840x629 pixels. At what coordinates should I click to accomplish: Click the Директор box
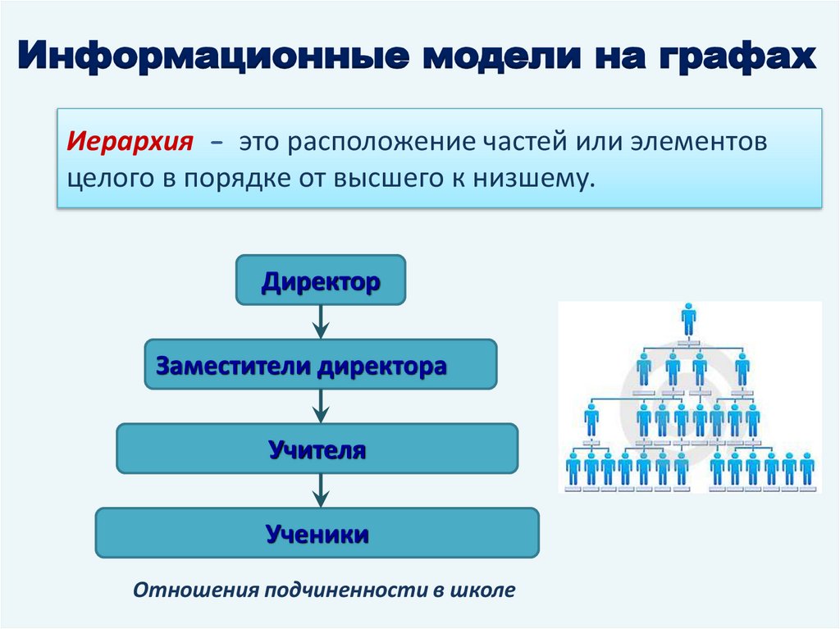(x=321, y=280)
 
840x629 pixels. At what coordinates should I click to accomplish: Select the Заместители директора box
(x=321, y=364)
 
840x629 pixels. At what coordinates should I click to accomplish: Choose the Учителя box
(x=317, y=449)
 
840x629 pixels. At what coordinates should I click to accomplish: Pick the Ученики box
(x=317, y=533)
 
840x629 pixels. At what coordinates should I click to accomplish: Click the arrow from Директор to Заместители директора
(x=321, y=322)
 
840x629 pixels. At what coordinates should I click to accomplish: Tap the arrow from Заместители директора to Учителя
(x=321, y=406)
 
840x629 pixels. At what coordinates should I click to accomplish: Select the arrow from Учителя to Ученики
(x=321, y=490)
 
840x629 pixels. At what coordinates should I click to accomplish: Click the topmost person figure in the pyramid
(x=688, y=318)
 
